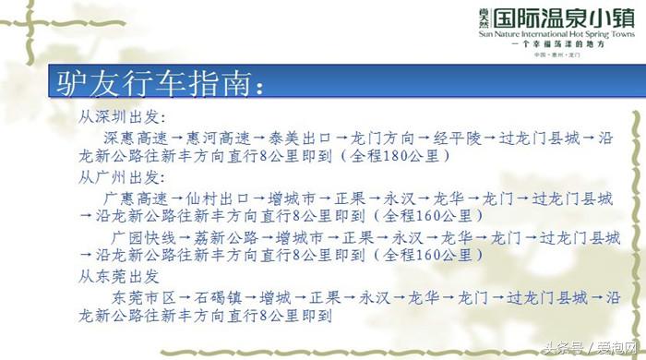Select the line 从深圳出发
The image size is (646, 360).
click(x=119, y=118)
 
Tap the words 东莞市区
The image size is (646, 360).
click(x=143, y=297)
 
